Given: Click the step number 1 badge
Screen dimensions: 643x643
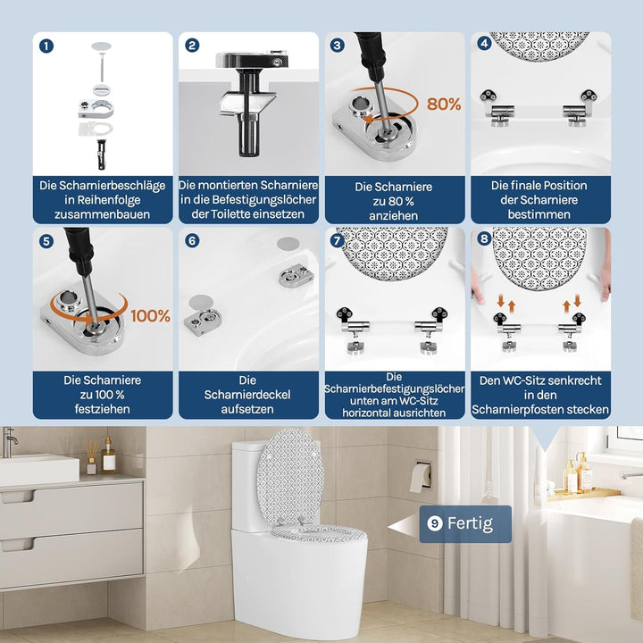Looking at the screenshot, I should point(46,46).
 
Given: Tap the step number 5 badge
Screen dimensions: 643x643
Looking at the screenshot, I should point(46,240).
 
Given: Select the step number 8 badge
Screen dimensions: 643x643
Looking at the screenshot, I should point(484,240).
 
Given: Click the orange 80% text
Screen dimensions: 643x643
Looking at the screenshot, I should point(444,104).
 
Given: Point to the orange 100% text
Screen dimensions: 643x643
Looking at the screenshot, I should point(151,315).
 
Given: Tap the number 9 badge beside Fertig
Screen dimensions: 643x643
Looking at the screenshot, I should point(435,524).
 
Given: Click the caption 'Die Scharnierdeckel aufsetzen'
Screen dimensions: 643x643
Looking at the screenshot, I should point(247,394).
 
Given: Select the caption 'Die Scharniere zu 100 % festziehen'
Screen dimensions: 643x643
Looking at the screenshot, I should point(103,394).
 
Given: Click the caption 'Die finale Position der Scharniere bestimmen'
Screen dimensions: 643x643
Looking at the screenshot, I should point(539,200).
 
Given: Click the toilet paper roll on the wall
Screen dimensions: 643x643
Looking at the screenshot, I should point(419,477).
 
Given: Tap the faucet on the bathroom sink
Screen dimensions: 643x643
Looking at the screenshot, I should point(10,440).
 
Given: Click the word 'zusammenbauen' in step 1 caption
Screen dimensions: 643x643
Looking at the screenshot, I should point(103,214).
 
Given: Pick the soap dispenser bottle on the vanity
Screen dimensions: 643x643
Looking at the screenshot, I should point(109,455).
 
